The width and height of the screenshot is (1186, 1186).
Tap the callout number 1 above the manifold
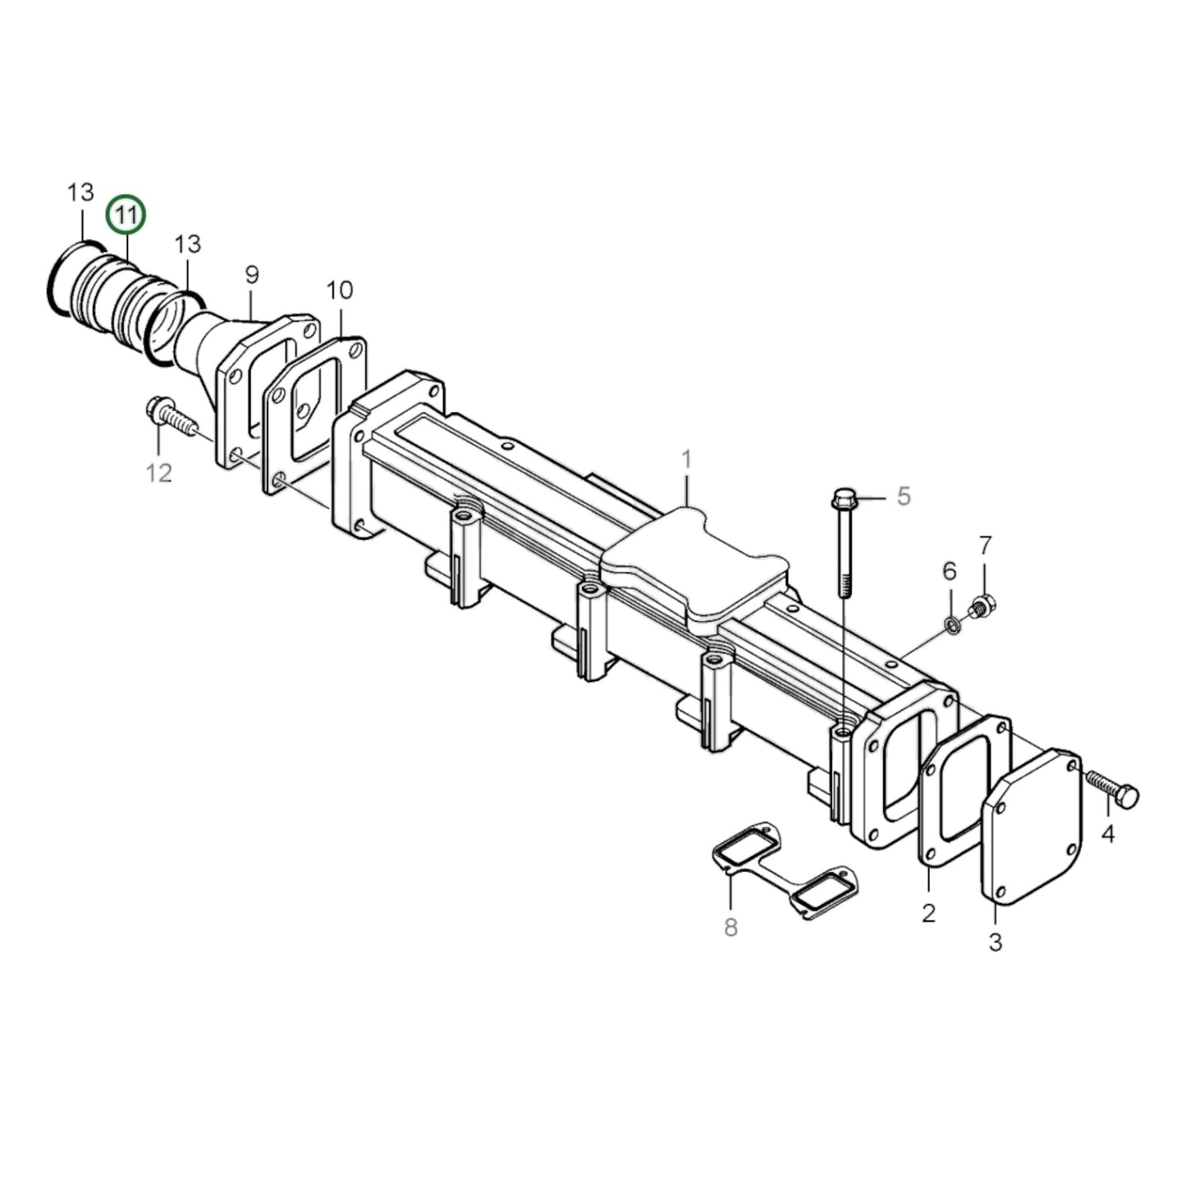pyautogui.click(x=686, y=460)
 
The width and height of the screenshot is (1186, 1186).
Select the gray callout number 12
pyautogui.click(x=159, y=473)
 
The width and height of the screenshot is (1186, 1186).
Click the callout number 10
pyautogui.click(x=339, y=291)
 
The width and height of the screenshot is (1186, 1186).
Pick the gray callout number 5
pyautogui.click(x=903, y=497)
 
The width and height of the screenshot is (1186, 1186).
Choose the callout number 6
pyautogui.click(x=949, y=570)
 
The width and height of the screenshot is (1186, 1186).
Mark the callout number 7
pyautogui.click(x=985, y=545)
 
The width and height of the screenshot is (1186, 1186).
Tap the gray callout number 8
pyautogui.click(x=730, y=927)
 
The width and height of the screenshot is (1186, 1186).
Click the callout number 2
pyautogui.click(x=928, y=913)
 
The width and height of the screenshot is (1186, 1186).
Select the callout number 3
pyautogui.click(x=995, y=942)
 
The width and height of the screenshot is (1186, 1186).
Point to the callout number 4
pyautogui.click(x=1108, y=835)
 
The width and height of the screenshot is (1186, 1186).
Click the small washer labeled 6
pyautogui.click(x=951, y=626)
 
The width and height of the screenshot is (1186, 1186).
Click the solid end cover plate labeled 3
pyautogui.click(x=1033, y=825)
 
